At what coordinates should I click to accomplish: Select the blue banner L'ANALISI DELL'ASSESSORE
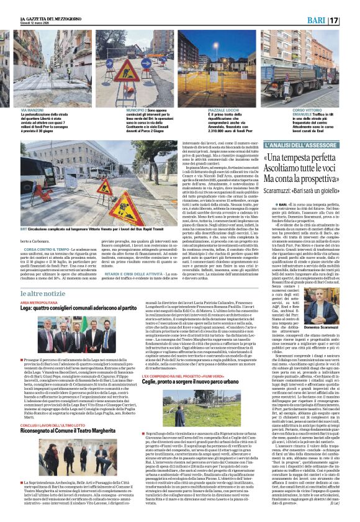[x=304, y=145]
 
